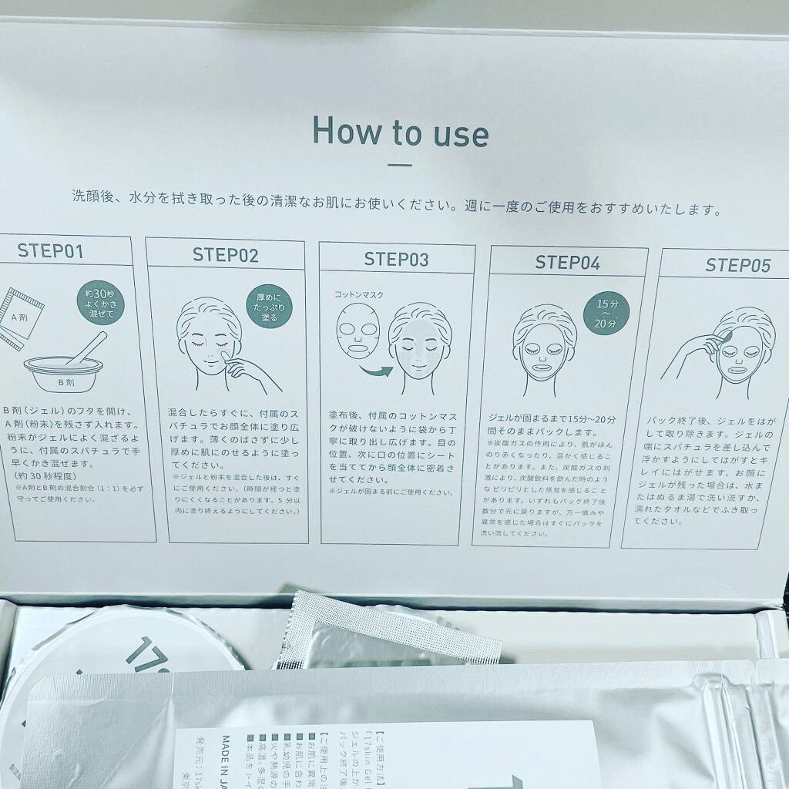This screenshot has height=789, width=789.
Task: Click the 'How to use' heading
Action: (x=400, y=132)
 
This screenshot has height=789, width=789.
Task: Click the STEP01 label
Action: (x=51, y=250)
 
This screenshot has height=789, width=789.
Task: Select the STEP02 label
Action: (x=226, y=255)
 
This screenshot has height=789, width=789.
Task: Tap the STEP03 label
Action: (x=396, y=259)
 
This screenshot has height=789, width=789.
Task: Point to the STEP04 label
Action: (x=567, y=262)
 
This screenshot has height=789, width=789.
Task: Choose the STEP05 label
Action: (x=737, y=266)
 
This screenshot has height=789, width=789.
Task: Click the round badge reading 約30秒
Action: (x=101, y=302)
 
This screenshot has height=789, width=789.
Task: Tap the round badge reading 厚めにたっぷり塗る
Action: (x=269, y=306)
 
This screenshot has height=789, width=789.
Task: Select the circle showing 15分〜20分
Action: (x=607, y=313)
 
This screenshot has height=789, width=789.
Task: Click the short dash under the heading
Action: (x=399, y=164)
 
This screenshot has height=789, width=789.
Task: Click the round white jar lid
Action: (x=123, y=640)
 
